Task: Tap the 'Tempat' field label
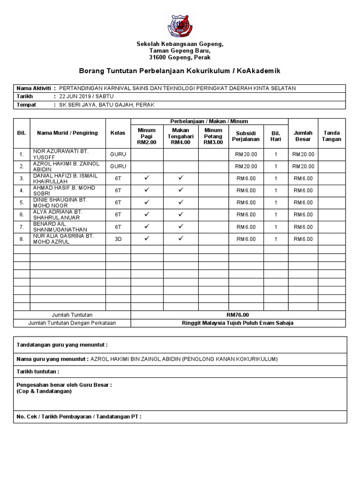tap(26, 105)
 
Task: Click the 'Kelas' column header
tap(118, 133)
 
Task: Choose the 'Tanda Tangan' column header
tap(332, 136)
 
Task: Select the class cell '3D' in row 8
tap(118, 239)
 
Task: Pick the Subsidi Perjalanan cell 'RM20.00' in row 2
tap(246, 166)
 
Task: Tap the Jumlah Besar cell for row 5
tap(303, 202)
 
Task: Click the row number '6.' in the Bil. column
tap(22, 215)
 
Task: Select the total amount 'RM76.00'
tap(238, 315)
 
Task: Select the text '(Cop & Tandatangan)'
tap(44, 391)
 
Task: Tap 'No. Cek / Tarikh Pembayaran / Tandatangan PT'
tap(79, 416)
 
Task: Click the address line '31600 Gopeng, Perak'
tap(180, 58)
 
